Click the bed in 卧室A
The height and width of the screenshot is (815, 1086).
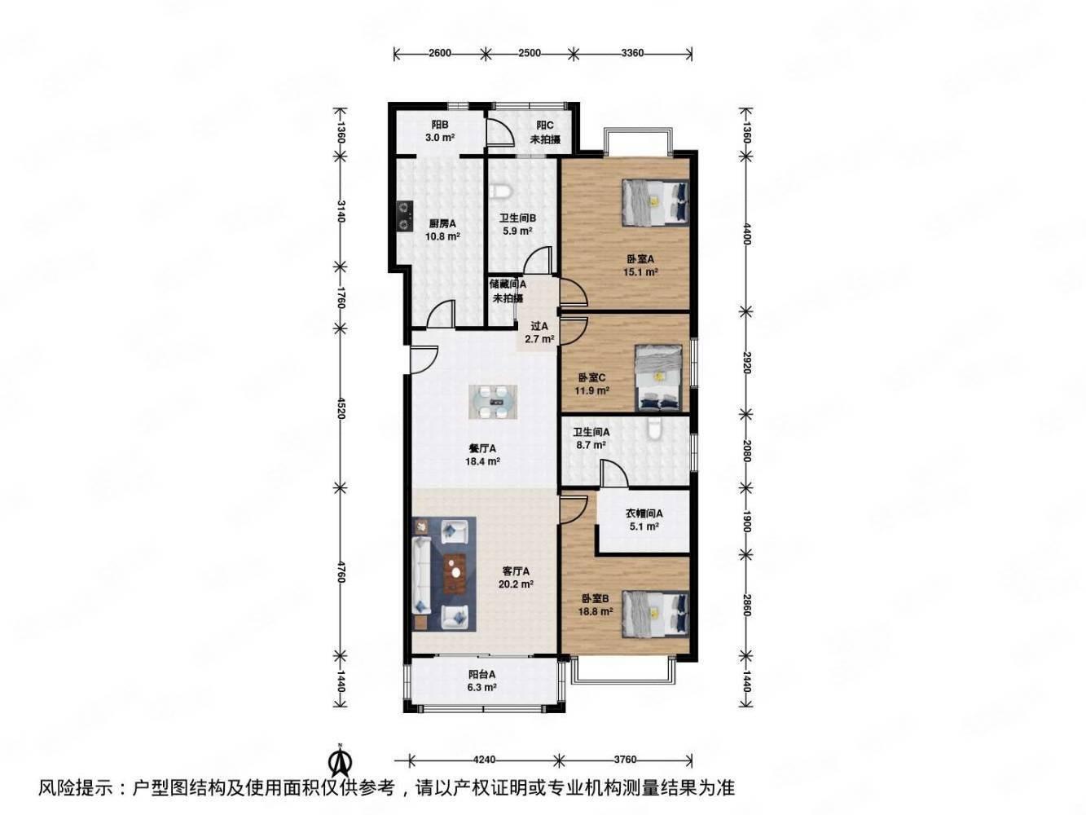[x=655, y=203]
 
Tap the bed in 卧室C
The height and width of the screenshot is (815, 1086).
[x=658, y=378]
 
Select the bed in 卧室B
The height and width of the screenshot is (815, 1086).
[x=655, y=615]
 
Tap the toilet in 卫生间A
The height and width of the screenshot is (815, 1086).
[x=654, y=429]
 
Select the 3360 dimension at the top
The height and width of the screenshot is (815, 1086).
[x=632, y=52]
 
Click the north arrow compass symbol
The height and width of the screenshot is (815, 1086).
[x=340, y=766]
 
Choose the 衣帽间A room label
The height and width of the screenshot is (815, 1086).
[x=644, y=513]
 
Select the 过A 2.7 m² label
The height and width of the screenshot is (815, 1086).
[x=539, y=333]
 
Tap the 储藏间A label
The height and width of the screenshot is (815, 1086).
[x=507, y=284]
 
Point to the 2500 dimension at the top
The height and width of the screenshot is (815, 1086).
[x=529, y=52]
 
